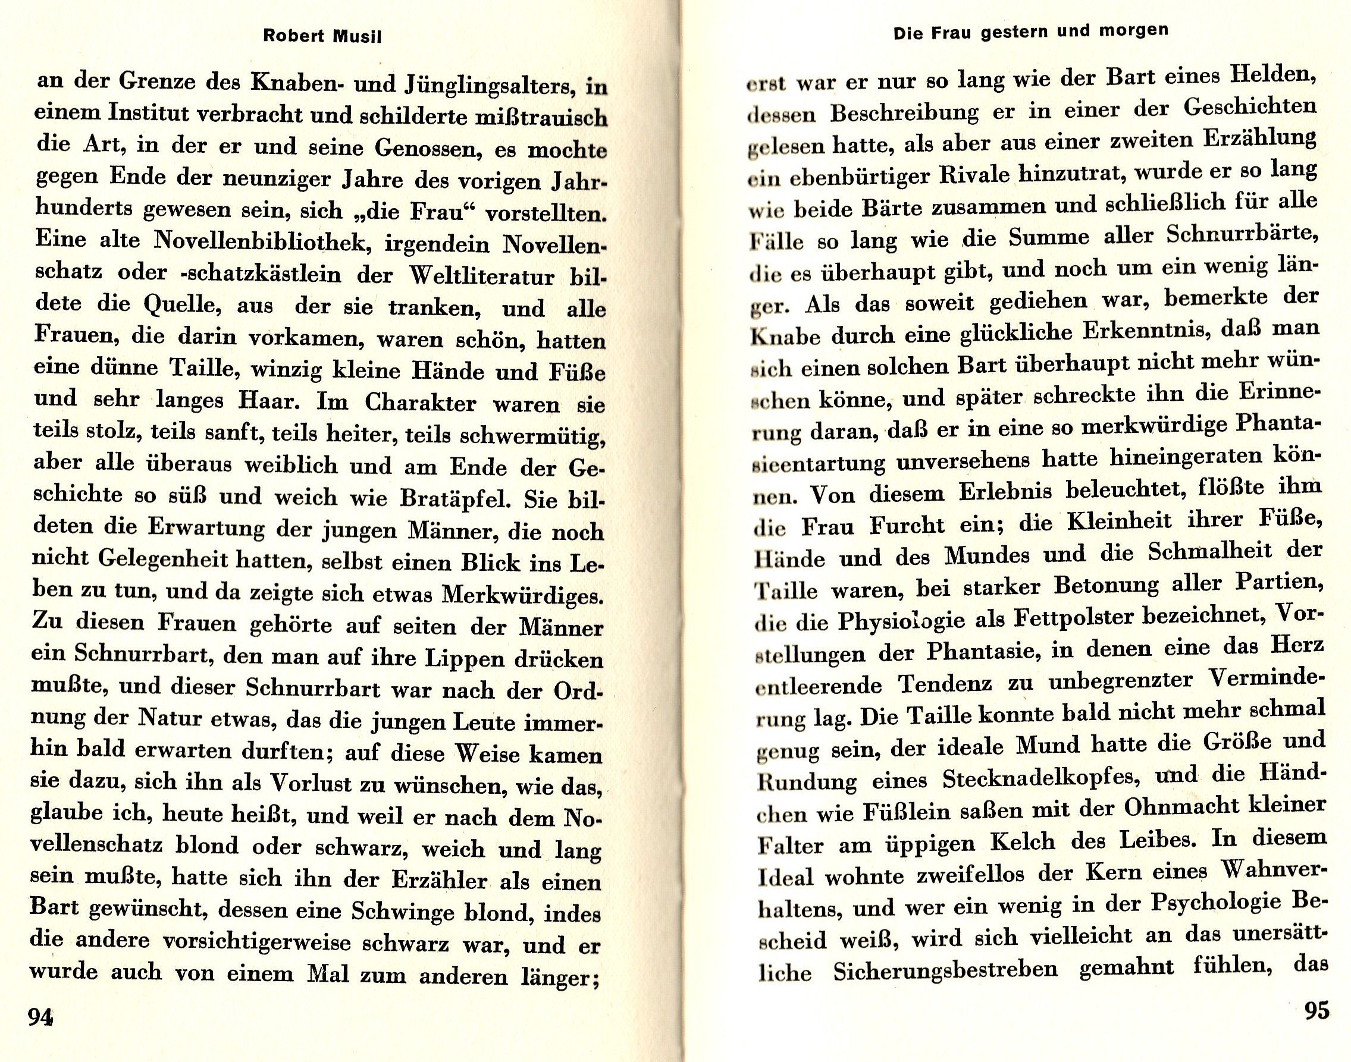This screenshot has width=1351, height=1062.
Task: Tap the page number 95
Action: (1316, 1010)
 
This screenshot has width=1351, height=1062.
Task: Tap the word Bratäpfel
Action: (456, 499)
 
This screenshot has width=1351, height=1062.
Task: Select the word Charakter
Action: (421, 403)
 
